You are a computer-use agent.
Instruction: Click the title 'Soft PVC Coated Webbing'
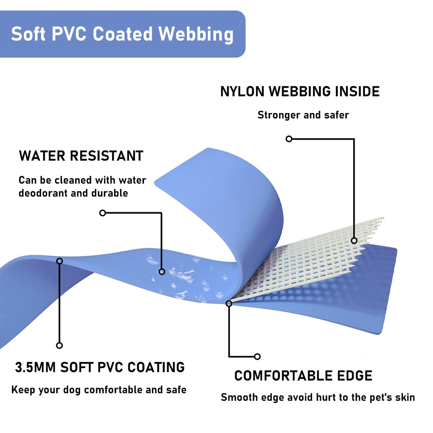click(x=122, y=34)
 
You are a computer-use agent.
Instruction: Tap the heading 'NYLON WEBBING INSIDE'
click(x=300, y=92)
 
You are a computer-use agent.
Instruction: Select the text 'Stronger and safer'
click(x=303, y=115)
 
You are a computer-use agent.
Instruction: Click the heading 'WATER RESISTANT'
click(x=81, y=156)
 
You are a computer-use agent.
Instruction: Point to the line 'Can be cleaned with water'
click(x=82, y=180)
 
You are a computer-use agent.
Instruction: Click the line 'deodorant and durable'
click(x=73, y=193)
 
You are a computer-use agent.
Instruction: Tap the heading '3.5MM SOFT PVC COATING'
click(x=100, y=367)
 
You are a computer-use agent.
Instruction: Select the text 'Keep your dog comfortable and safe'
click(x=99, y=390)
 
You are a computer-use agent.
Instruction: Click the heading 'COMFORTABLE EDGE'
click(x=303, y=376)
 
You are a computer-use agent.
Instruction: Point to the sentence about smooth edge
click(x=318, y=397)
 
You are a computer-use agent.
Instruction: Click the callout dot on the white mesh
click(x=354, y=241)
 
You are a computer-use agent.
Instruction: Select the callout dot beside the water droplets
click(x=162, y=271)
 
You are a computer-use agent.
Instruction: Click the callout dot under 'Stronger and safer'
click(x=289, y=139)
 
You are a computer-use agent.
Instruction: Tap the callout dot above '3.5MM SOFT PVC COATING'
click(x=60, y=345)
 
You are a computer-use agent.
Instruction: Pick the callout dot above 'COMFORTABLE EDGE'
click(x=257, y=357)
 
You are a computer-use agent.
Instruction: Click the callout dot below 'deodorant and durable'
click(x=102, y=213)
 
